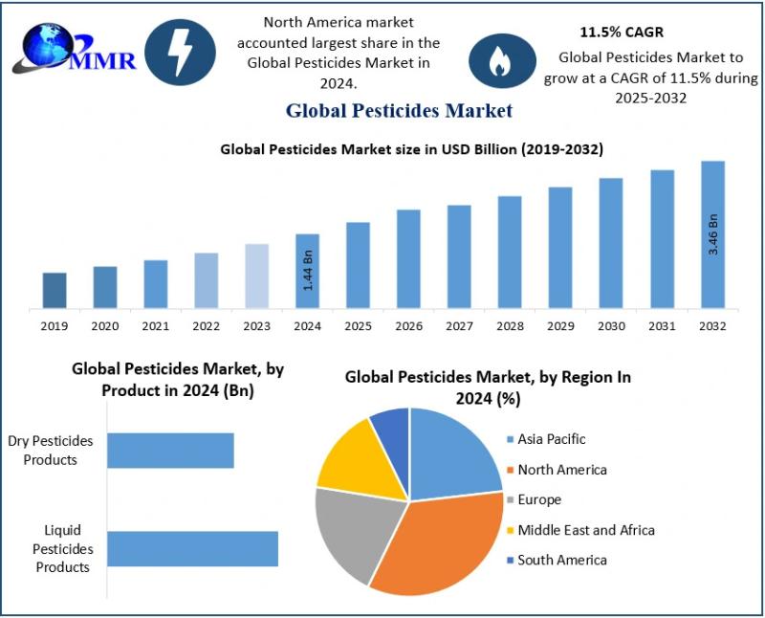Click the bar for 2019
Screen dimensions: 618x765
click(55, 290)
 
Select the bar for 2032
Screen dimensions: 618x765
click(712, 234)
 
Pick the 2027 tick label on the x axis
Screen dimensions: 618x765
click(459, 326)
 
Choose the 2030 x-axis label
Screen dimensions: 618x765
click(611, 326)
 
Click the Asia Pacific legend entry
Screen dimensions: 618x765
click(551, 439)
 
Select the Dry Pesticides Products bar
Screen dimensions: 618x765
click(170, 451)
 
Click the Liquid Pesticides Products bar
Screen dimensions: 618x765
click(192, 549)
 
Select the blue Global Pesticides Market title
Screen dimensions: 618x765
click(399, 111)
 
